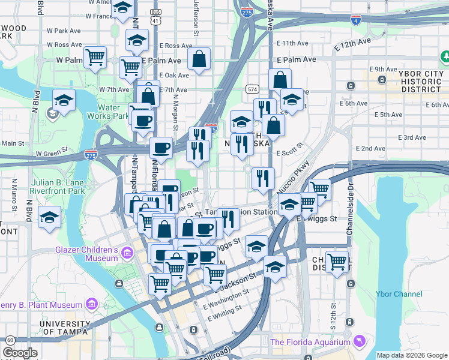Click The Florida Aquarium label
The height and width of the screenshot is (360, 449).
(x=310, y=342)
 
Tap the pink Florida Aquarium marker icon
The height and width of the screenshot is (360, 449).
(x=359, y=341)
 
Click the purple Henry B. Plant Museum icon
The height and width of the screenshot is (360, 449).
(x=91, y=304)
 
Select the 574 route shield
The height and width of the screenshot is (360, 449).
(x=253, y=89)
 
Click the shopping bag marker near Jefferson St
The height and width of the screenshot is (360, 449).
(x=199, y=59)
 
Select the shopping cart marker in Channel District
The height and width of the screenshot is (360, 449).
(x=337, y=262)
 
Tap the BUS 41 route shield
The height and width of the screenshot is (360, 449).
(x=155, y=17)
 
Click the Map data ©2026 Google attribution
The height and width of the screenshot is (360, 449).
(x=412, y=355)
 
